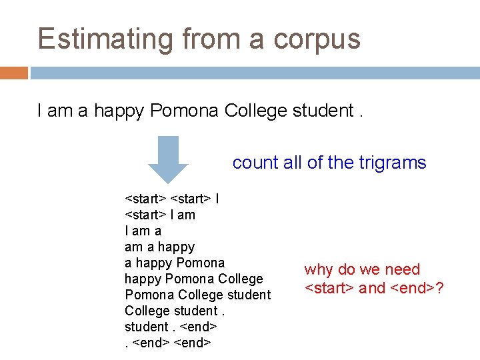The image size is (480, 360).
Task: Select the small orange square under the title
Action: click(13, 72)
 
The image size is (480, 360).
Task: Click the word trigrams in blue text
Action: click(389, 162)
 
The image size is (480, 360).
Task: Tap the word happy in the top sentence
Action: click(119, 111)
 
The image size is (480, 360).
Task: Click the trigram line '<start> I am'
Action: click(160, 215)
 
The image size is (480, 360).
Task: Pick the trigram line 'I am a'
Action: click(143, 231)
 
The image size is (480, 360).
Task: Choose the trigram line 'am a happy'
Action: click(159, 247)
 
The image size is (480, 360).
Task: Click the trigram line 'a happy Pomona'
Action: click(175, 263)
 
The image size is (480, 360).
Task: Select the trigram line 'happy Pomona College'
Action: click(193, 279)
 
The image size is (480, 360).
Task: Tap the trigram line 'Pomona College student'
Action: click(197, 295)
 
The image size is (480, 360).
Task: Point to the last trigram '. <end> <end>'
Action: click(168, 343)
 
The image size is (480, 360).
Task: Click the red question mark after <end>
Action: click(440, 288)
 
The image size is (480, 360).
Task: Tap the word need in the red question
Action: click(403, 269)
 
